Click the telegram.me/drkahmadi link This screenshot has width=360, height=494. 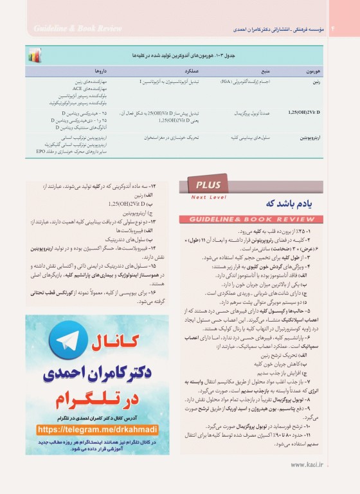98,428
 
